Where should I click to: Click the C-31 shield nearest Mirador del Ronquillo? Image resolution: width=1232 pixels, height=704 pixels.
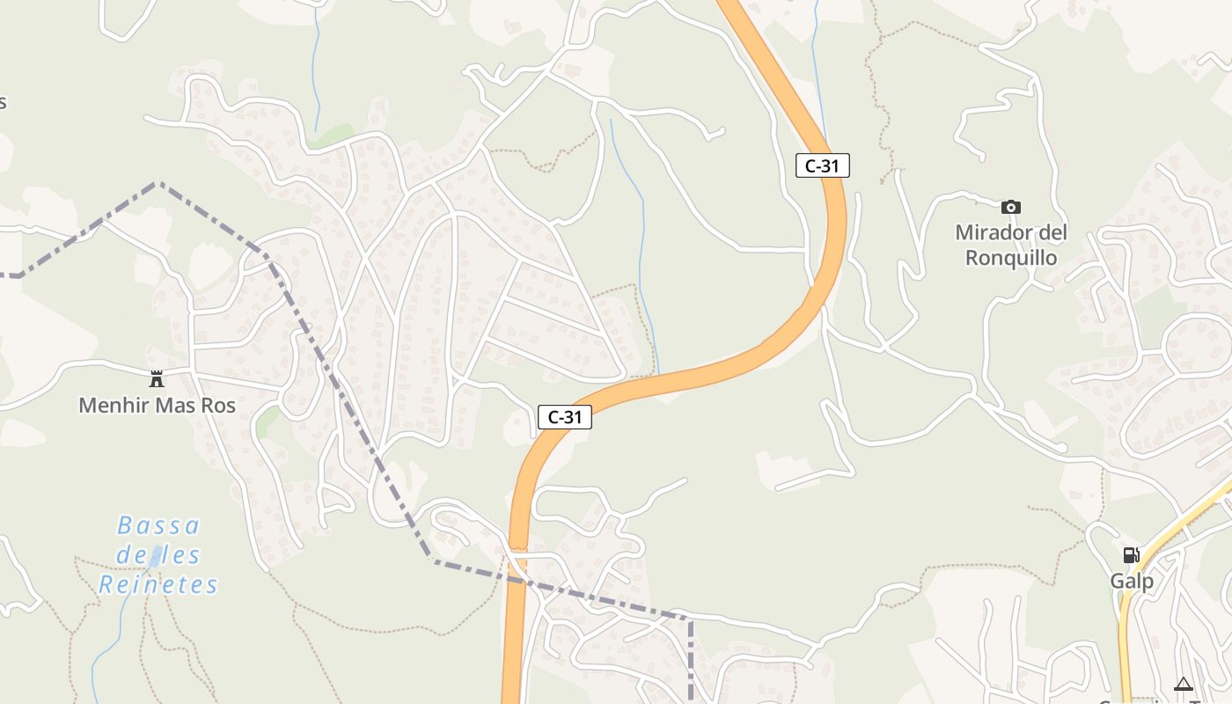click(823, 165)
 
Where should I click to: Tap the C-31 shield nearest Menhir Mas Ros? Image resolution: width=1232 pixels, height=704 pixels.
click(565, 417)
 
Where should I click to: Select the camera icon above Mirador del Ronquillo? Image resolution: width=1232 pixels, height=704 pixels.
click(1011, 207)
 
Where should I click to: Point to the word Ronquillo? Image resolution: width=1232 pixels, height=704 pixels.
click(1011, 258)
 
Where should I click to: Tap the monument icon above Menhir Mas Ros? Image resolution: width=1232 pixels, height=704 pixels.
click(157, 379)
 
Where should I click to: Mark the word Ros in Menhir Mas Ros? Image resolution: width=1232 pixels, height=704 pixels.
click(219, 406)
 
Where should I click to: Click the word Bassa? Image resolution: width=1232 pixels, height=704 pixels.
click(158, 526)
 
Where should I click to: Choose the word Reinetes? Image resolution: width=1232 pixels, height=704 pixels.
click(158, 584)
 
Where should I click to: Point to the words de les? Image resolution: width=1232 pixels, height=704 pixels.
click(158, 555)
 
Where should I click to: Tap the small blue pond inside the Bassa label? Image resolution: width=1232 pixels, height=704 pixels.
click(156, 556)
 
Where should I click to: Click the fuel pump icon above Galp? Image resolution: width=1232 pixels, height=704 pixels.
click(1131, 555)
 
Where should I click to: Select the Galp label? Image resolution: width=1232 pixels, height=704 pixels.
click(1132, 581)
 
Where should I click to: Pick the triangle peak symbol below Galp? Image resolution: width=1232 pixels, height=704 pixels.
click(1184, 684)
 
